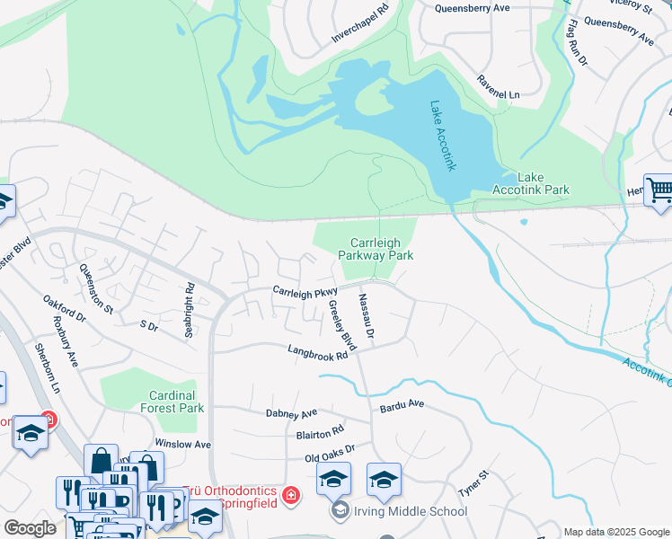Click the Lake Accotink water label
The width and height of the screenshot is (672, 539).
441,136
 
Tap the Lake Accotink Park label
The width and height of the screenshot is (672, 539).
531,183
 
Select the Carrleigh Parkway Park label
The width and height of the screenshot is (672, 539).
376,249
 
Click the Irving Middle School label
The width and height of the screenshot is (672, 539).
411,511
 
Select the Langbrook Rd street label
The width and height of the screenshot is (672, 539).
317,353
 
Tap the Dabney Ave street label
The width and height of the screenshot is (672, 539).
292,413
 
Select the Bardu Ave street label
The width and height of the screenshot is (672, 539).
401,405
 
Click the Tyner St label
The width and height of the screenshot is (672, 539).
473,486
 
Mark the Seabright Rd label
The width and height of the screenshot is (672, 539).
189,311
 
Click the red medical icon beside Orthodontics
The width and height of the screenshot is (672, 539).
291,495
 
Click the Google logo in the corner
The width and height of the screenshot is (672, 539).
30,528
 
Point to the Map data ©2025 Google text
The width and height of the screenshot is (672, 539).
615,532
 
